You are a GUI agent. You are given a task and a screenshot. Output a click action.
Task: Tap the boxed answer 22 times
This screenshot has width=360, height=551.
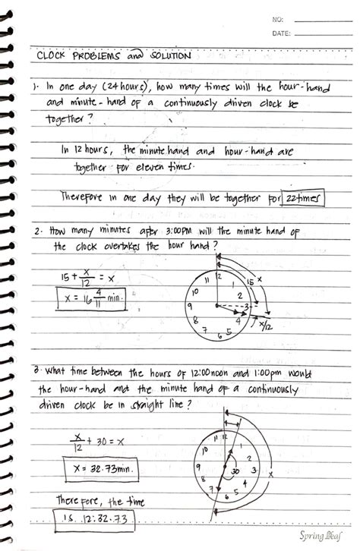[303, 198]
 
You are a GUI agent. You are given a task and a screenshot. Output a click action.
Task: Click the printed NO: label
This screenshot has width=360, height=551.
[277, 20]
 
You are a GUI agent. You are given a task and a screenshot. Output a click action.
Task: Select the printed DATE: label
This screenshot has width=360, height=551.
[281, 33]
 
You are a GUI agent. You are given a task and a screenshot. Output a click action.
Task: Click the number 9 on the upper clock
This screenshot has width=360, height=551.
[188, 307]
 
